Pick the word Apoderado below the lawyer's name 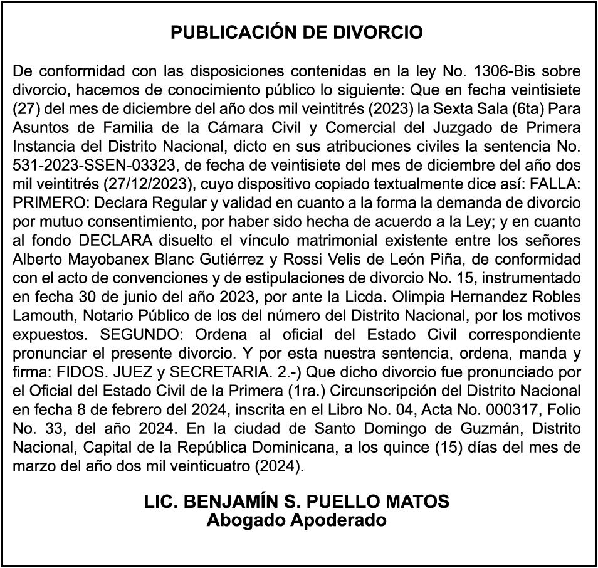pyautogui.click(x=340, y=519)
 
